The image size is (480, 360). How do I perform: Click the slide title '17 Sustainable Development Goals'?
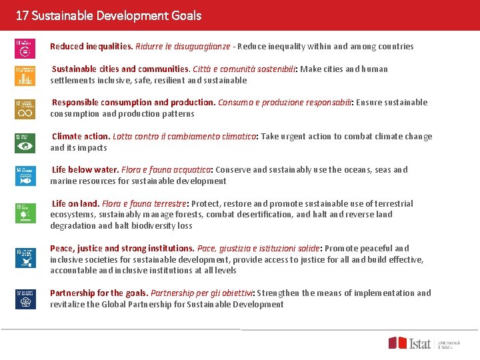coord(109,15)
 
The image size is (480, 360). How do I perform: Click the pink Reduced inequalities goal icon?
coord(25,49)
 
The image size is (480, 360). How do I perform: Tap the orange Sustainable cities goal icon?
coord(25,76)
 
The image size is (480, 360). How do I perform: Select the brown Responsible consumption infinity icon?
coord(25,109)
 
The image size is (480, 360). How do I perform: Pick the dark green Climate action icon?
coord(25,143)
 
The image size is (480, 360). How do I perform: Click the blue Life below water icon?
coord(25,176)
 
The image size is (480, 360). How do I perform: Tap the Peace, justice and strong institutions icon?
coord(25,257)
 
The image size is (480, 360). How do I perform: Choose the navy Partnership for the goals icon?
coord(25,299)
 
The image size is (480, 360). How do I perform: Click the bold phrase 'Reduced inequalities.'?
coord(91,47)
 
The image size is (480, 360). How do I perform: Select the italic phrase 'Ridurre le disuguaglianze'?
coord(183,47)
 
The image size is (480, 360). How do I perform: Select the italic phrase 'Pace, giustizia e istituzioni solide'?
coord(268,249)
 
